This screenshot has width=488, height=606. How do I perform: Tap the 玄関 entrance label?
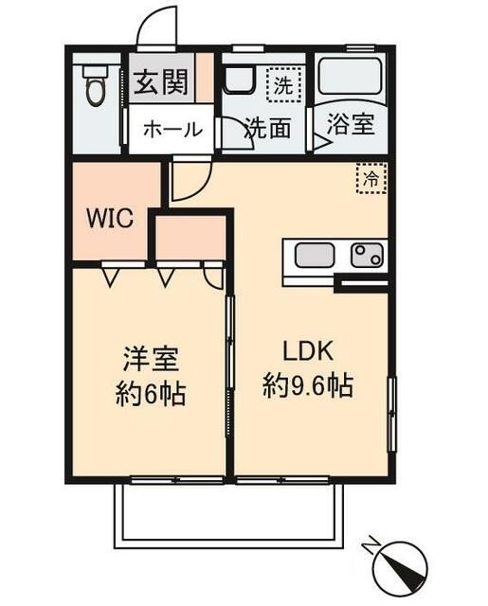pos(158,83)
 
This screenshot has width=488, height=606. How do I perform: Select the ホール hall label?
pos(172,130)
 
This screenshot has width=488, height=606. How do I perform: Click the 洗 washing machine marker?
pos(282,82)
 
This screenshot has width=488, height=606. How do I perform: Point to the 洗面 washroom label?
pos(267,128)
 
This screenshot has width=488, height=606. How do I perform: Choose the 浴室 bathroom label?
pos(350,125)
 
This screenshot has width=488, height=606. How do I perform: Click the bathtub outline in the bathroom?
pos(348,76)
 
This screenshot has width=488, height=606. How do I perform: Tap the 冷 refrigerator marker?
pos(371,177)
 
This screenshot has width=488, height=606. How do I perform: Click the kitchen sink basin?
pos(314,255)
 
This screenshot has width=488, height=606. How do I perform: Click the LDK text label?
pos(307,351)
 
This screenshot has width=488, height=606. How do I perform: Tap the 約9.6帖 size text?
pos(307,386)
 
